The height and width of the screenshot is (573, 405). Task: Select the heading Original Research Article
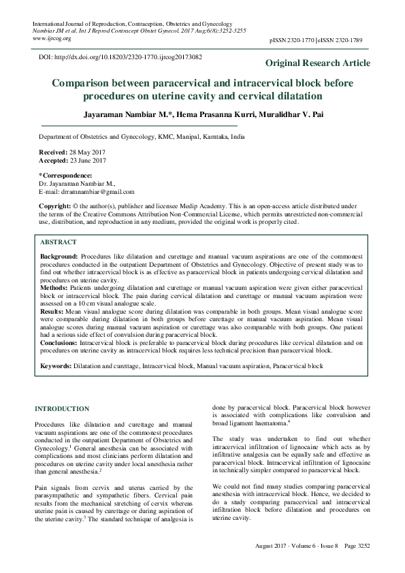(x=318, y=63)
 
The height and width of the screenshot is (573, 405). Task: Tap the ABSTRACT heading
(x=58, y=242)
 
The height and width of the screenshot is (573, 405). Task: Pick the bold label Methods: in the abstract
(x=55, y=288)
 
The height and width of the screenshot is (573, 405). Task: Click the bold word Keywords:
(x=56, y=366)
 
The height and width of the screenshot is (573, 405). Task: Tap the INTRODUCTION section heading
(x=61, y=409)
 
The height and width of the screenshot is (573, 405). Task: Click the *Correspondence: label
(x=65, y=176)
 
